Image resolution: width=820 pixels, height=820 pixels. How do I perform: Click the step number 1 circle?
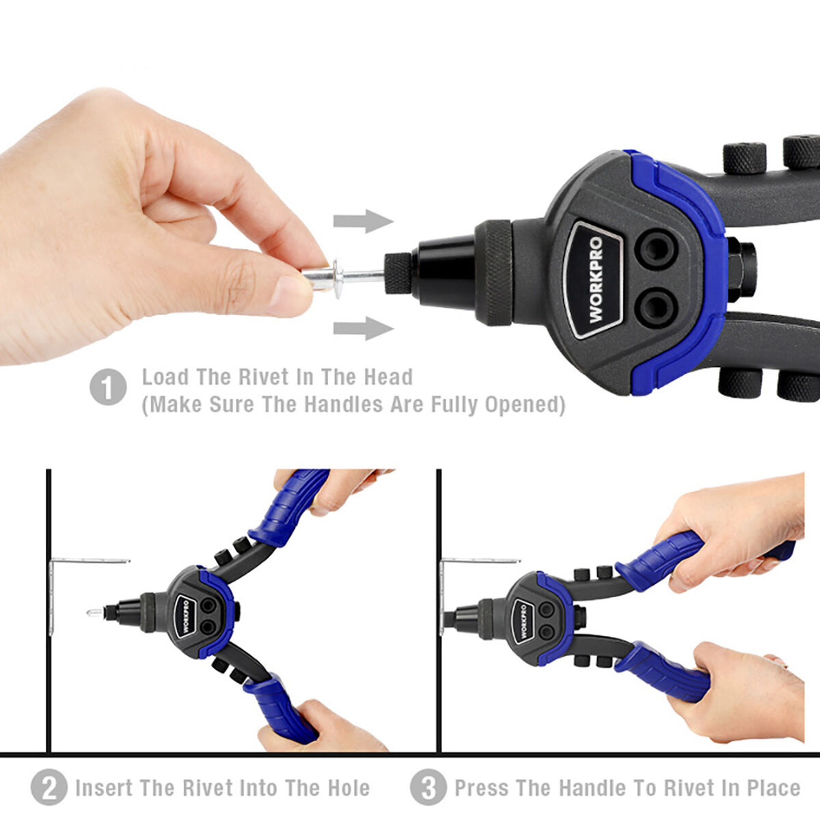108,387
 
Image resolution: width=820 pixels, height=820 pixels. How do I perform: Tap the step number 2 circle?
49,787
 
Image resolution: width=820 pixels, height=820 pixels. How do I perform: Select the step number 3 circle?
428,787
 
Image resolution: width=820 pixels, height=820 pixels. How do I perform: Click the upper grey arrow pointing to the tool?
363,221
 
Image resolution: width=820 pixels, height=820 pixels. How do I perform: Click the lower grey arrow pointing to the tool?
363,328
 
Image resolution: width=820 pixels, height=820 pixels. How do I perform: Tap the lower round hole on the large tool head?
656,307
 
